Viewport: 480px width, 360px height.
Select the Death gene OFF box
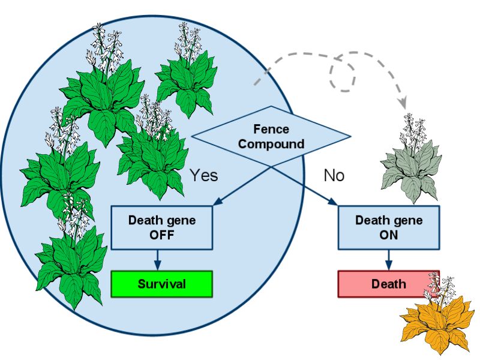161,227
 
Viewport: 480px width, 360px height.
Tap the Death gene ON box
388,227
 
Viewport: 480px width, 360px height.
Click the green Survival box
161,284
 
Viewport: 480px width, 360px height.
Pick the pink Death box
388,284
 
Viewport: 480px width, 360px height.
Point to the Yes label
203,175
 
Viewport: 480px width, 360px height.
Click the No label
334,175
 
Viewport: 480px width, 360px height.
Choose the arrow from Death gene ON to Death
388,260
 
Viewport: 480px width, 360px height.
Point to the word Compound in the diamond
271,144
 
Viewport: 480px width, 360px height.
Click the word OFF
161,235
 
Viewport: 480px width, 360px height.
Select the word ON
388,235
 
